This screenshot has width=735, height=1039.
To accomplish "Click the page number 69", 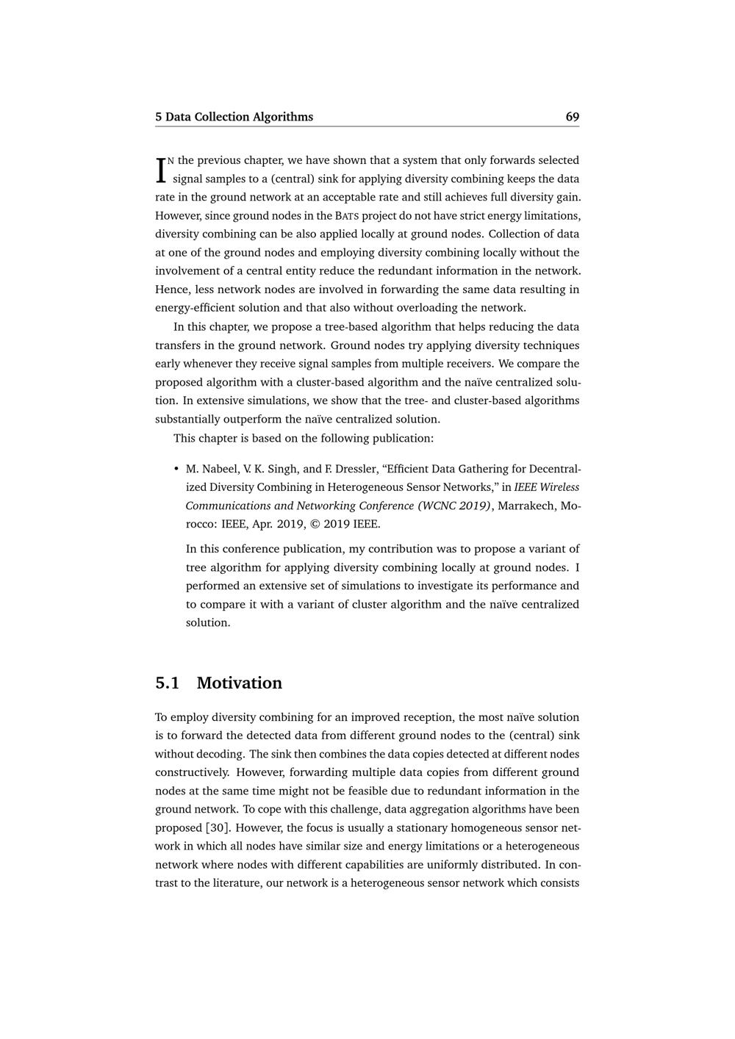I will coord(572,117).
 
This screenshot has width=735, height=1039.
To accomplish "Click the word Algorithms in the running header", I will coord(282,117).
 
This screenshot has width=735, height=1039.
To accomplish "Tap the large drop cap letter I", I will coord(160,170).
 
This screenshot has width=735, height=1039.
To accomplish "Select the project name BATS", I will coord(347,216).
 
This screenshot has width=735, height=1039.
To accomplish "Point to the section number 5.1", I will coord(168,683).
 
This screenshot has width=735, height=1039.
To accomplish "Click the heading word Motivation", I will coord(239,683).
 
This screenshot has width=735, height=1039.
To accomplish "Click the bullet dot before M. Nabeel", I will coord(176,469).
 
